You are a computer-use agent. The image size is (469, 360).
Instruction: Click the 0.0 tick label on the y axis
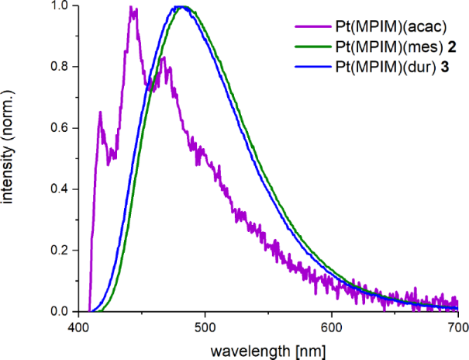pos(58,312)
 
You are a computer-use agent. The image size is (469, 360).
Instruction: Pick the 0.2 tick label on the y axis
pos(58,251)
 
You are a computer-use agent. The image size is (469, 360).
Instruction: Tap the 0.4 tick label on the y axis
pos(58,189)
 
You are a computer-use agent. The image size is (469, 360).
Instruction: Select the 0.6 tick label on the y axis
pos(58,128)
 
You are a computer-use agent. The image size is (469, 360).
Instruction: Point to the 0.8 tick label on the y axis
pos(58,67)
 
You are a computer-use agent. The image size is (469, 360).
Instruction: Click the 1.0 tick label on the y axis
pos(58,6)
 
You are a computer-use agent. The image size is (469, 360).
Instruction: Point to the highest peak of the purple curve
pos(133,8)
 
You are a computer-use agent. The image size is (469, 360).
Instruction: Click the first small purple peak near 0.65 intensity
pos(101,113)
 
